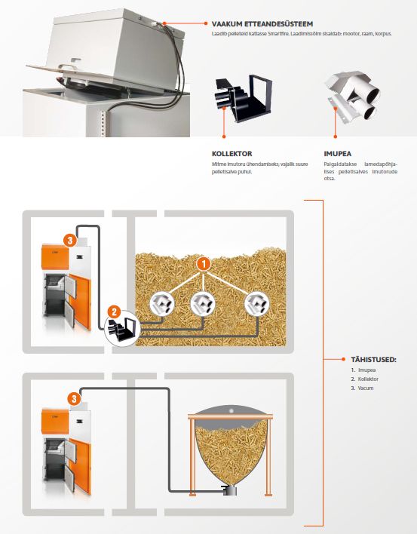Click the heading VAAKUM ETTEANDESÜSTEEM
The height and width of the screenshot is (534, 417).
point(262,24)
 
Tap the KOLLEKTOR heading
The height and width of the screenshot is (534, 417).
point(231,154)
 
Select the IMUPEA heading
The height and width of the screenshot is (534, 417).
point(337,154)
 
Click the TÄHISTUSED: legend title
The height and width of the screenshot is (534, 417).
point(373,359)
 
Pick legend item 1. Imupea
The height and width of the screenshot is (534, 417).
point(363,370)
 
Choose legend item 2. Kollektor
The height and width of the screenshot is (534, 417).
point(364,379)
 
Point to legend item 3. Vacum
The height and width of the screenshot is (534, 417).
point(362,388)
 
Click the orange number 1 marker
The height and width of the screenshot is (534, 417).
point(204,264)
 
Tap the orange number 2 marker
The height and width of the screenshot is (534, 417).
point(114,312)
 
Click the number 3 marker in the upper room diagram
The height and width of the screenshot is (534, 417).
point(70,241)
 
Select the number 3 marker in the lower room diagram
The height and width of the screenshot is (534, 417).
point(74,398)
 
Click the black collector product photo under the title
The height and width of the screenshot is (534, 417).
point(243,98)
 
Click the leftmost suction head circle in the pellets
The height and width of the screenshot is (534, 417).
point(162,304)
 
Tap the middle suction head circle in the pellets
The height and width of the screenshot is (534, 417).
point(203,304)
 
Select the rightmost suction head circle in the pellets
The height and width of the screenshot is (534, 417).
point(257,304)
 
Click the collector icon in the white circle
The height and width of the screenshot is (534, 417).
point(122,328)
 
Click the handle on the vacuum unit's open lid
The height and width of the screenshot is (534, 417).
point(71,63)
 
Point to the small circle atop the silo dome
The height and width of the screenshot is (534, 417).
point(231,411)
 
